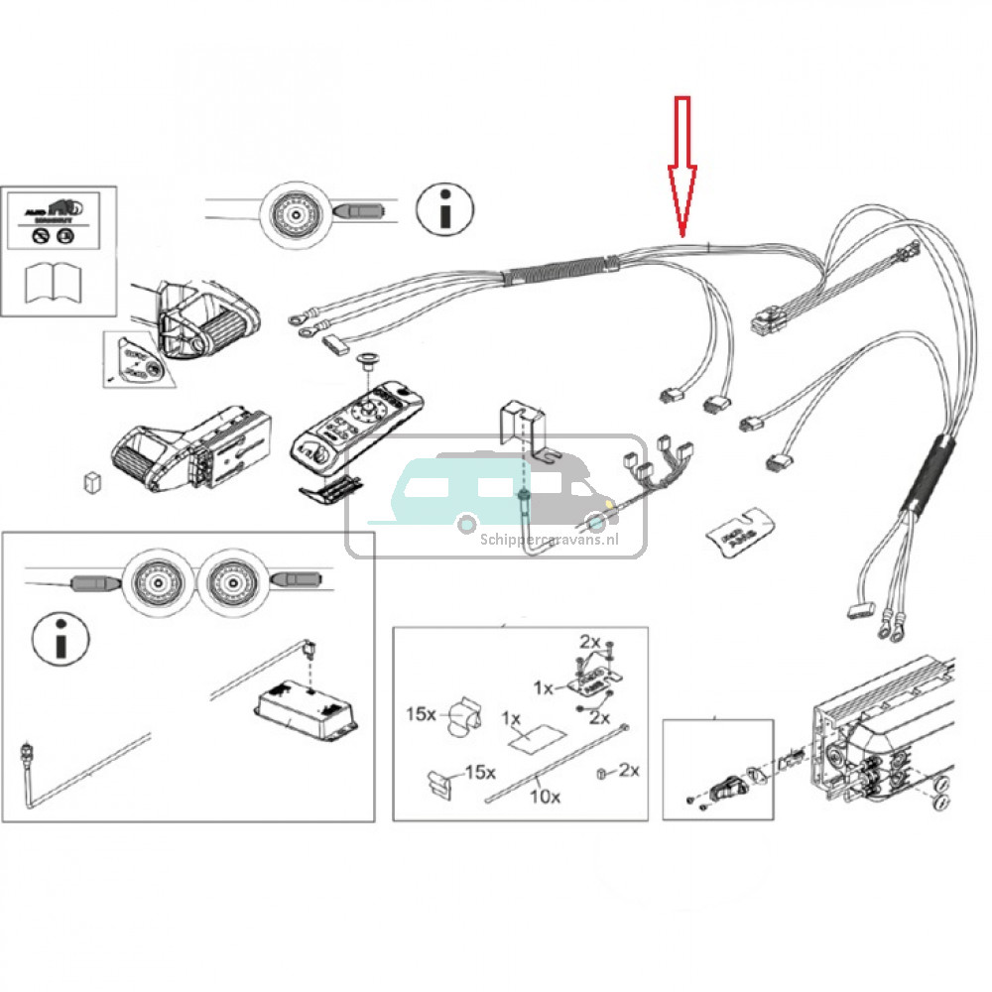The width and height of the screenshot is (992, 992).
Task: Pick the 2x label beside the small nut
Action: [628, 770]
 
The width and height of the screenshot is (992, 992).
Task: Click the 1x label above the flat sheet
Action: [512, 716]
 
